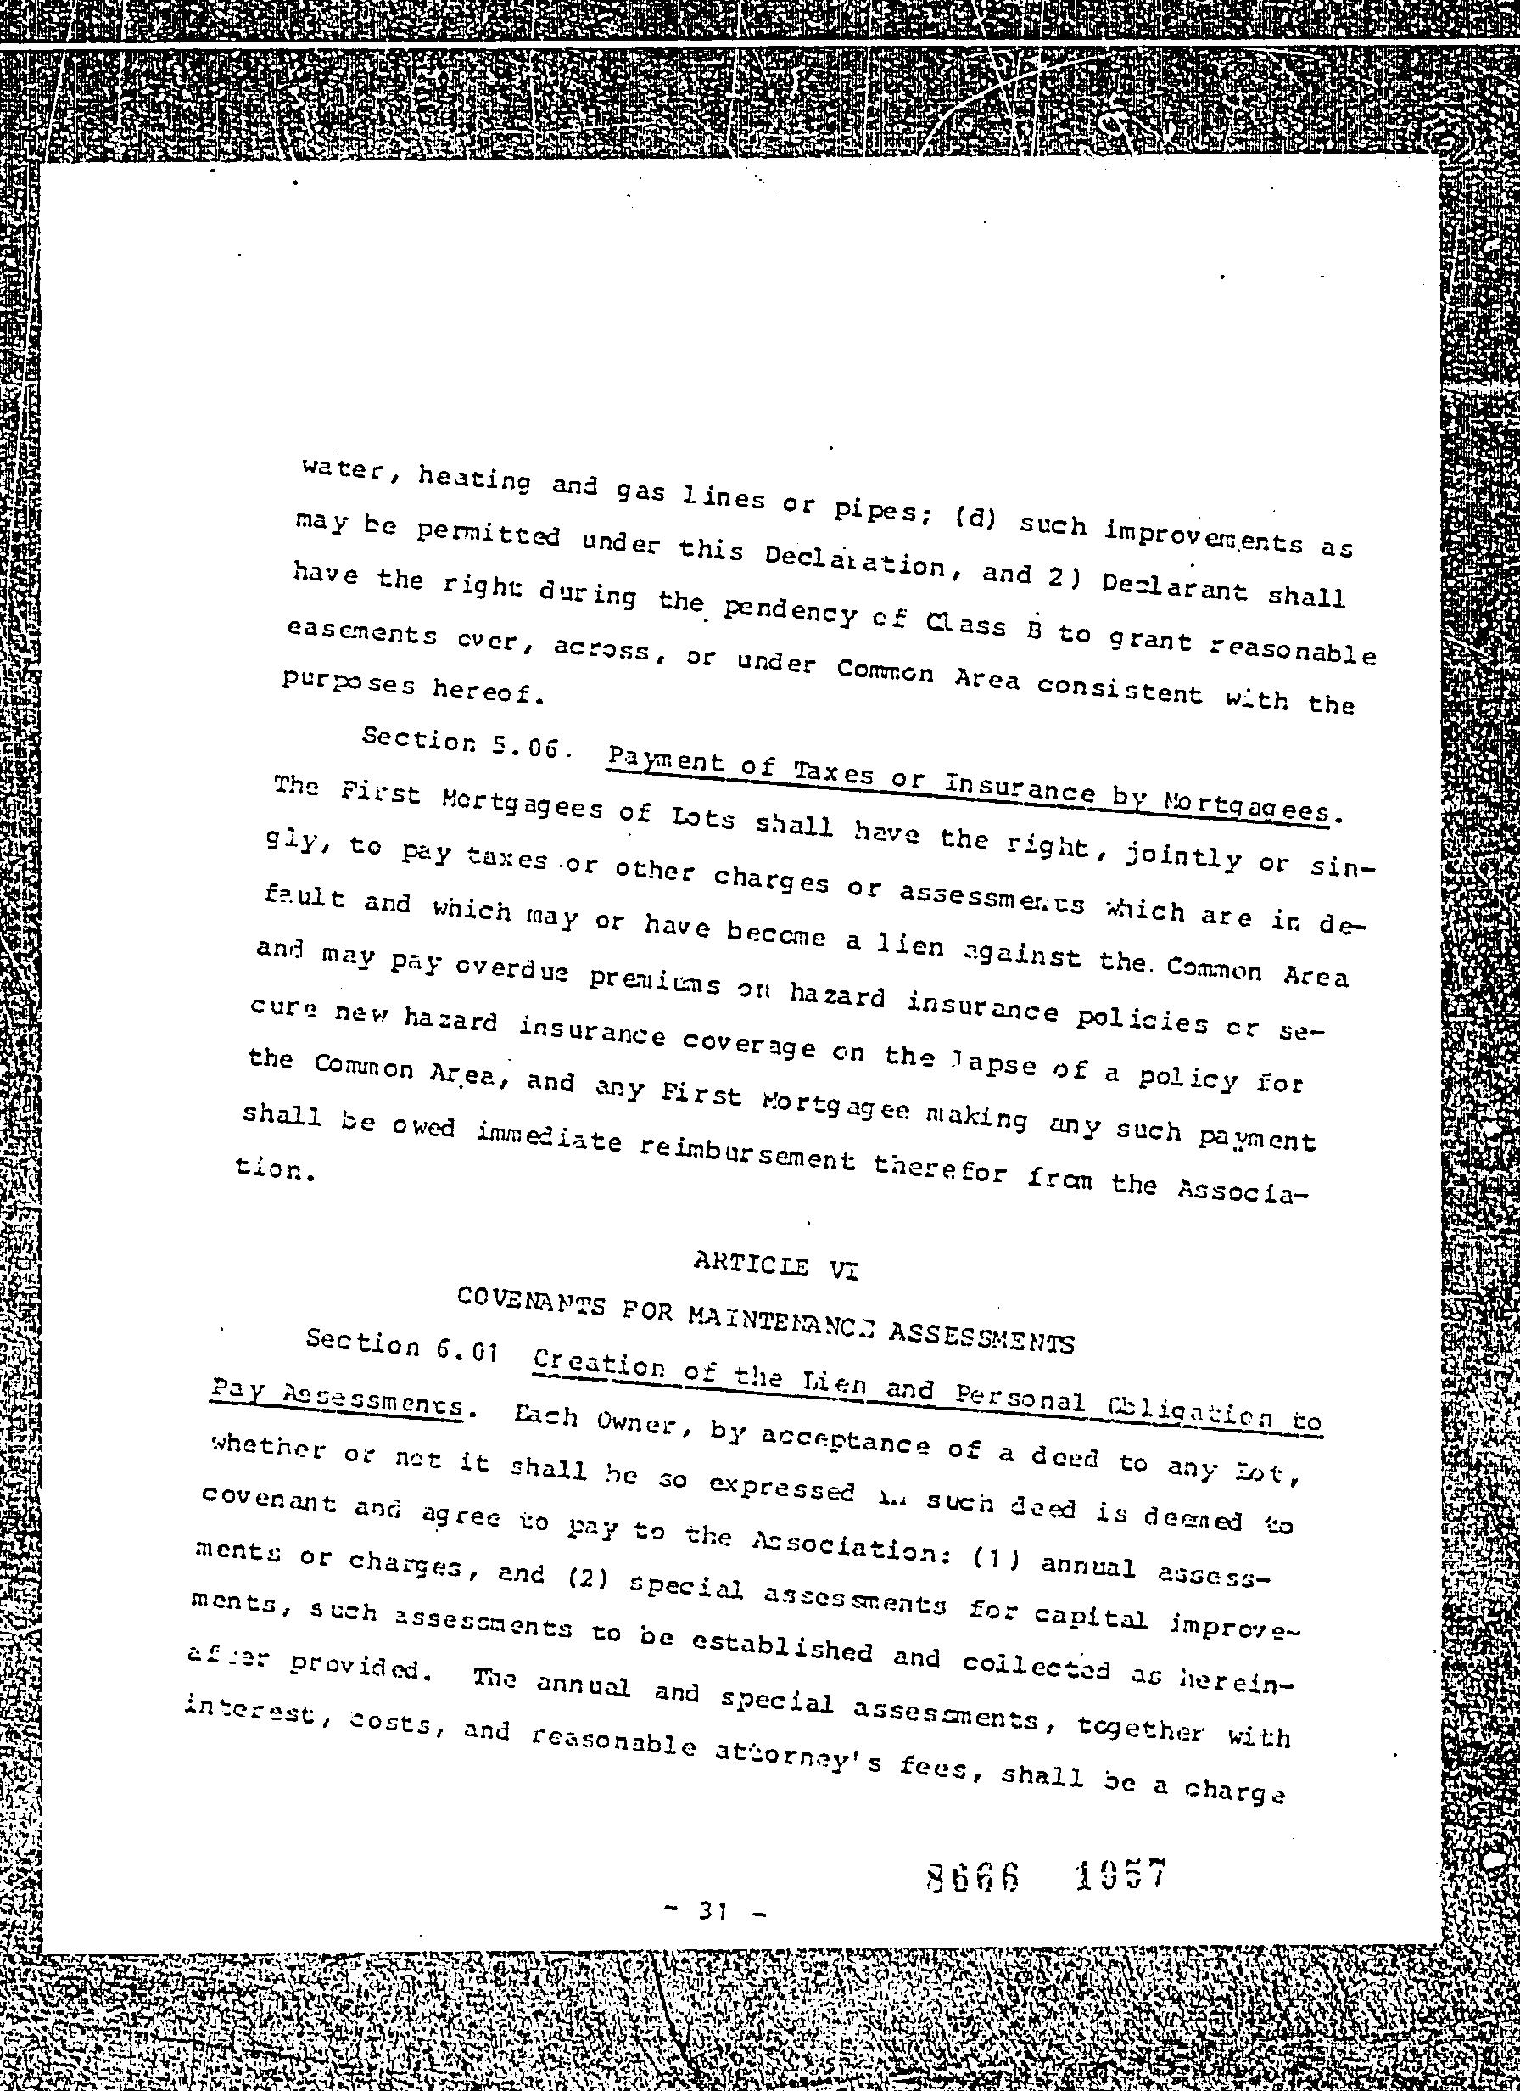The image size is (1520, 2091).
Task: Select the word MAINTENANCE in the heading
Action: click(780, 1322)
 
